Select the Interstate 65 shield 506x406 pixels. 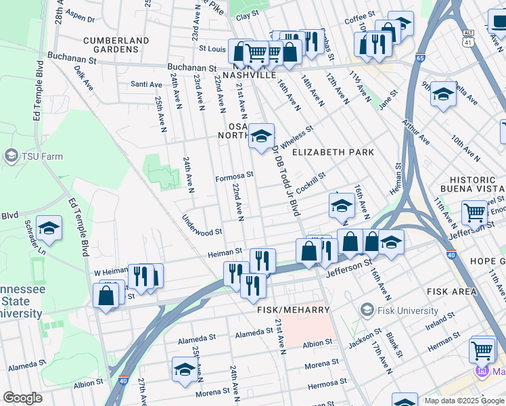[x=421, y=58]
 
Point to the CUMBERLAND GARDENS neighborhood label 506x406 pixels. [x=116, y=45]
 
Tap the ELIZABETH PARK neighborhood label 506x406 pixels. [x=333, y=152]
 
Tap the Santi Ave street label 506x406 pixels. [x=146, y=85]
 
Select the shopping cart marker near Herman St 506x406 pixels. [x=482, y=350]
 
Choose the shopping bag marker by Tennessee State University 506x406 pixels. [x=106, y=296]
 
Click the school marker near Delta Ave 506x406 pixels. [x=444, y=94]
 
